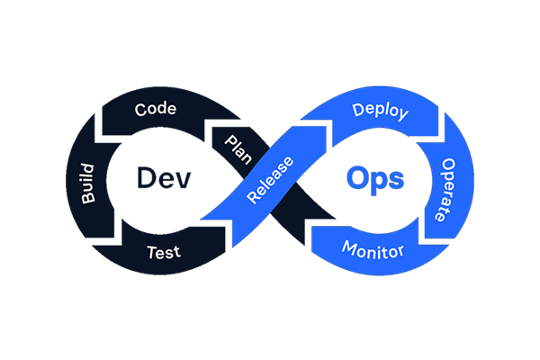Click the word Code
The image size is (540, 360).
155,110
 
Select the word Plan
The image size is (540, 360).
238,149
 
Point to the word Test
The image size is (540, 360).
163,252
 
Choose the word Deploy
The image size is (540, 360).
381,112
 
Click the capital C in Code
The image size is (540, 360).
140,110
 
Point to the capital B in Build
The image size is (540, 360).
88,198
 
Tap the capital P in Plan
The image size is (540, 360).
229,140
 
